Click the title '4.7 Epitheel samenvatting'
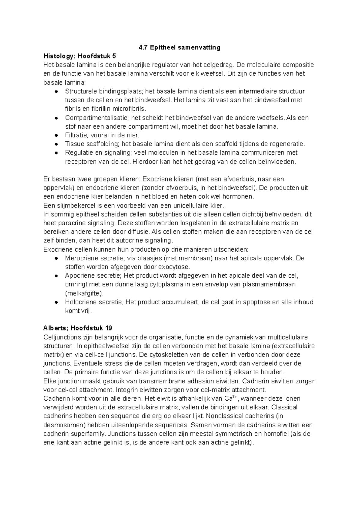coord(180,47)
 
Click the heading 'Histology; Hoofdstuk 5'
coord(79,56)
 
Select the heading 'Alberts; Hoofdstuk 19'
coord(78,328)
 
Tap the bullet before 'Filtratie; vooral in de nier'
coord(56,136)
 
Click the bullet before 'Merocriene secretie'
coord(56,258)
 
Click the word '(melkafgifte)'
coord(84,293)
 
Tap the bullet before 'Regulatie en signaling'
coord(56,153)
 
